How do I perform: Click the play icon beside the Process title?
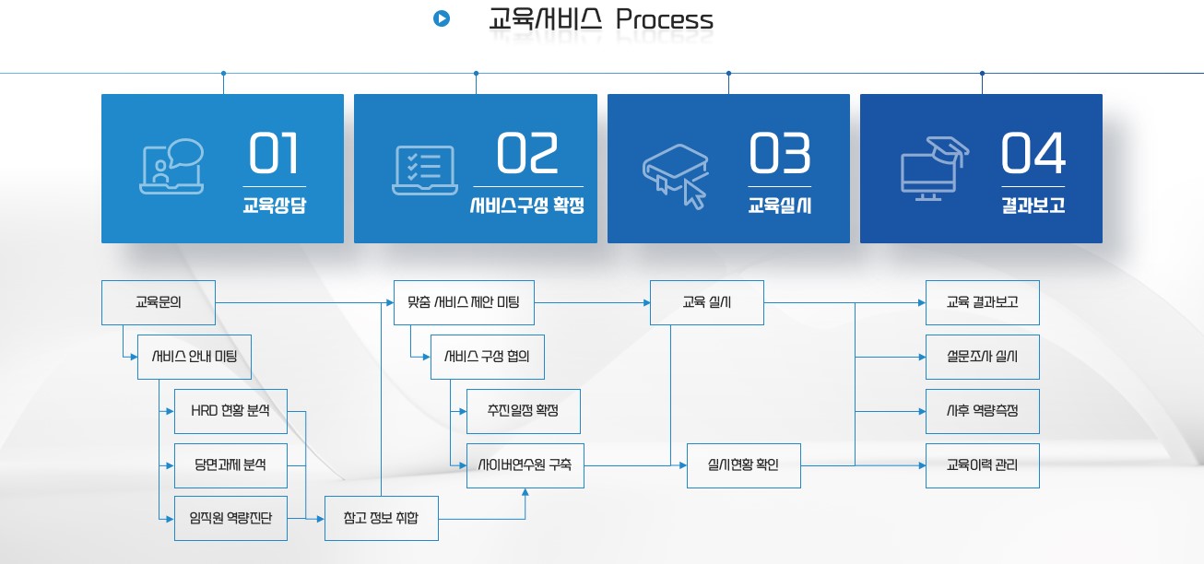(x=442, y=18)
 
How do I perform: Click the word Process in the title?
(x=664, y=19)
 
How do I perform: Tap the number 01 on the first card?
(x=275, y=154)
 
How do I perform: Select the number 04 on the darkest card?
(x=1033, y=154)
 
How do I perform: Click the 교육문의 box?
(x=159, y=302)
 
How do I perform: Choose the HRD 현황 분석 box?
(x=230, y=411)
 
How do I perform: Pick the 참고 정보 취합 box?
(x=382, y=518)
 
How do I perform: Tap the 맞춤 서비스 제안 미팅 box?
(x=464, y=302)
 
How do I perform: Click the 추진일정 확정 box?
(x=524, y=411)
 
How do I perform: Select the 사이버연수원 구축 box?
(x=525, y=465)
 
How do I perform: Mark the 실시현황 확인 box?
(x=743, y=465)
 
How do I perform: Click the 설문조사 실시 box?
(x=982, y=357)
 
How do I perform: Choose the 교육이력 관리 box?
(x=982, y=465)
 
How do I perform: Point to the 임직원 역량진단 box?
(x=230, y=518)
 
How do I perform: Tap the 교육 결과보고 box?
(x=982, y=302)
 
